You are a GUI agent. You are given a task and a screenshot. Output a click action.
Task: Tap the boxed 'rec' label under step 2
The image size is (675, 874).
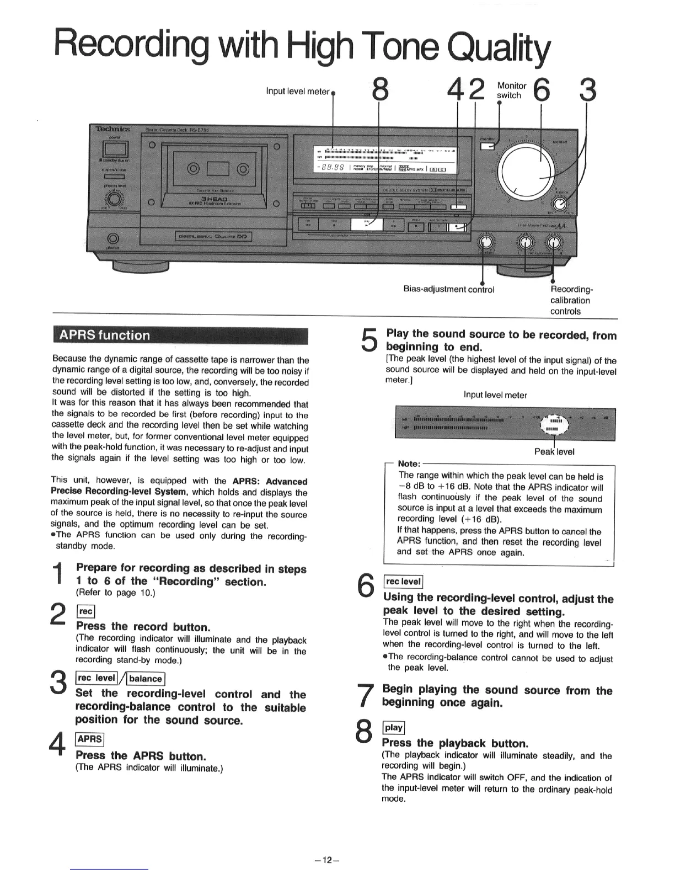[86, 611]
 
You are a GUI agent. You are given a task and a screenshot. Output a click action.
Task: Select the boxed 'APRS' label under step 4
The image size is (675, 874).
[89, 739]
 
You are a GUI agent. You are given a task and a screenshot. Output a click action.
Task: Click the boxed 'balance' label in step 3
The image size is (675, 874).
[146, 679]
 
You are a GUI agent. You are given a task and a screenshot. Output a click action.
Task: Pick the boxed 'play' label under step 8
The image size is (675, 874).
[393, 727]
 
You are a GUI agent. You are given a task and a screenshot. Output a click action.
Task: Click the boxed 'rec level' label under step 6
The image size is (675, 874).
[403, 581]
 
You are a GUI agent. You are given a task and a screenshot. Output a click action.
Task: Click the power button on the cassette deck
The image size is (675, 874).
[115, 149]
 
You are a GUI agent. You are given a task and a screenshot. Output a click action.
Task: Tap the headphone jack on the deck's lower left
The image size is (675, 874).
[114, 239]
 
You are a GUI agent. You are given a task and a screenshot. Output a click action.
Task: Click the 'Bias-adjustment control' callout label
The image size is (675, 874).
[449, 289]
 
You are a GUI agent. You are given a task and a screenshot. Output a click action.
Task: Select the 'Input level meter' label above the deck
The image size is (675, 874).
[297, 91]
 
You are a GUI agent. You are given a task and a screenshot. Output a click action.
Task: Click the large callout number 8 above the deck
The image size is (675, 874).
[379, 89]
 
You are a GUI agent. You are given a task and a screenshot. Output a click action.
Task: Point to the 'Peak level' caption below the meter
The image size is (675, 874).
[554, 451]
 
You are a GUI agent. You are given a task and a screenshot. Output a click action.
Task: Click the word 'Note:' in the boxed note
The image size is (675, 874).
[409, 463]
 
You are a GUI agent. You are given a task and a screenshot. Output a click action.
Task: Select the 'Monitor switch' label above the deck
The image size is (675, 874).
[511, 90]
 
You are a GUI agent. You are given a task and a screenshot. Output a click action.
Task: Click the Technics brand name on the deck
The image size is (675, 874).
[113, 129]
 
